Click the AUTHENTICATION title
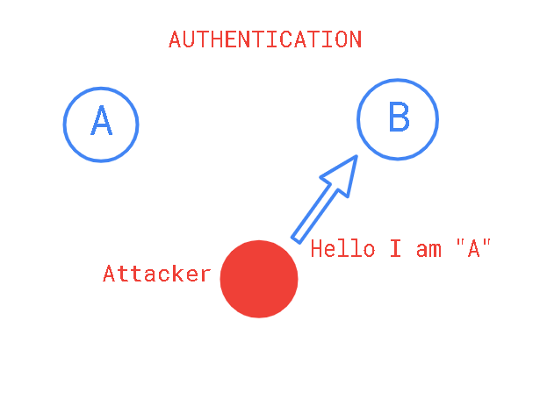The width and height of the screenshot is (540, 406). coord(265,39)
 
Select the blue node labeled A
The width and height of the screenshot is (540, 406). coord(101,125)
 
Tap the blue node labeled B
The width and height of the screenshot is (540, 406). coord(398,119)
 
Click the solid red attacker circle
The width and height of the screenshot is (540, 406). coord(259,279)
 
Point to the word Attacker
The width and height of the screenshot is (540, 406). coord(156,274)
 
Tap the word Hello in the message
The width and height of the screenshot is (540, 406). coord(342,248)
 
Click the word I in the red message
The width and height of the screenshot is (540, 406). coord(396,248)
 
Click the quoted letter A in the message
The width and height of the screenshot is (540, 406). coord(474,248)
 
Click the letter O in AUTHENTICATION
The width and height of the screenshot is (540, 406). coord(341,39)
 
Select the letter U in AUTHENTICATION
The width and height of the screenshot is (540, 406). coord(189,39)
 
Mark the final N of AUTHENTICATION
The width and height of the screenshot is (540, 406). coord(356,39)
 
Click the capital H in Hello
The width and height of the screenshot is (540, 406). coord(316,248)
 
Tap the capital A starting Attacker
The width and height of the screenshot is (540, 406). coord(109,274)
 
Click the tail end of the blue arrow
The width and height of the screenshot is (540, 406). coord(296,240)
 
